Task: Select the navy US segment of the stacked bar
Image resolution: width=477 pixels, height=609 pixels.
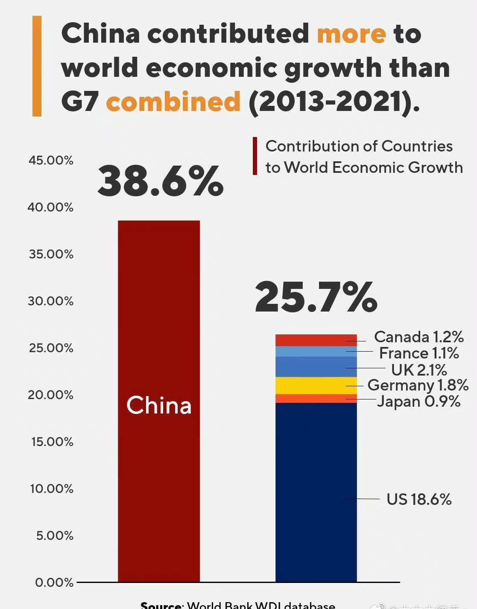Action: [x=316, y=491]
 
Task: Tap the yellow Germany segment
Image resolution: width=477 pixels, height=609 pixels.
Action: [x=316, y=385]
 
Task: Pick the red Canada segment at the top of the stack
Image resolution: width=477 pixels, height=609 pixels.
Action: [x=316, y=340]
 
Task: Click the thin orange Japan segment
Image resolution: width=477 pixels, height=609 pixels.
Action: [x=316, y=399]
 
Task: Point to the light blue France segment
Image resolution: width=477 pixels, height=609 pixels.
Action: [x=316, y=351]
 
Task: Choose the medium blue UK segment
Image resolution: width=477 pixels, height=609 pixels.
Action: [x=316, y=367]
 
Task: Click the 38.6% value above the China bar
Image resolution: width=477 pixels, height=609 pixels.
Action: [x=161, y=181]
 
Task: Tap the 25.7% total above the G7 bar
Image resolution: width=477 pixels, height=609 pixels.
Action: [x=316, y=297]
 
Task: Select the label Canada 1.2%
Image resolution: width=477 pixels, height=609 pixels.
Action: [x=418, y=337]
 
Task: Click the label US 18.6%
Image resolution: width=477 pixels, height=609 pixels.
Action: [x=418, y=499]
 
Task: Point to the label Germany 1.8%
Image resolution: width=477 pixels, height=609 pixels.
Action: [x=418, y=385]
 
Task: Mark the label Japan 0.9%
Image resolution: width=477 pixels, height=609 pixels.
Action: [x=418, y=402]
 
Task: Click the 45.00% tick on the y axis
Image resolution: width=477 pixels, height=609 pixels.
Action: [x=51, y=160]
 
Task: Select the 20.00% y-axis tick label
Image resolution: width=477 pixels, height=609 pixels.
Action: [x=50, y=395]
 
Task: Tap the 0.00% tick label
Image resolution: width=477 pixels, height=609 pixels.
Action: [x=54, y=583]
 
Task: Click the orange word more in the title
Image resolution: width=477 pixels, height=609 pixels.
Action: [x=351, y=34]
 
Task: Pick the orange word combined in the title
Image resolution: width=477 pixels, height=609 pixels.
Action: [x=173, y=102]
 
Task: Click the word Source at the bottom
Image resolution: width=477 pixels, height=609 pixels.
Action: [x=161, y=605]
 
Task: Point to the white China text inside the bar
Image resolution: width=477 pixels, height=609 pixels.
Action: [x=159, y=405]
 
